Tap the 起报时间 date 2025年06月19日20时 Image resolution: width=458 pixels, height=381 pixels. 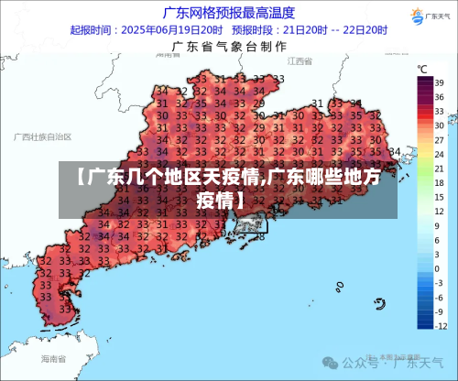pos(171,29)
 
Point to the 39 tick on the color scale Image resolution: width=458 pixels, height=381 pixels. pos(439,82)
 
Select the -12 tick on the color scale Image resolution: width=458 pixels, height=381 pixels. pos(439,327)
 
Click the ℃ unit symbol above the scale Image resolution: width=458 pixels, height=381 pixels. pos(422,69)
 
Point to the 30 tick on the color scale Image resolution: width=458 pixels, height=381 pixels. pos(439,126)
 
